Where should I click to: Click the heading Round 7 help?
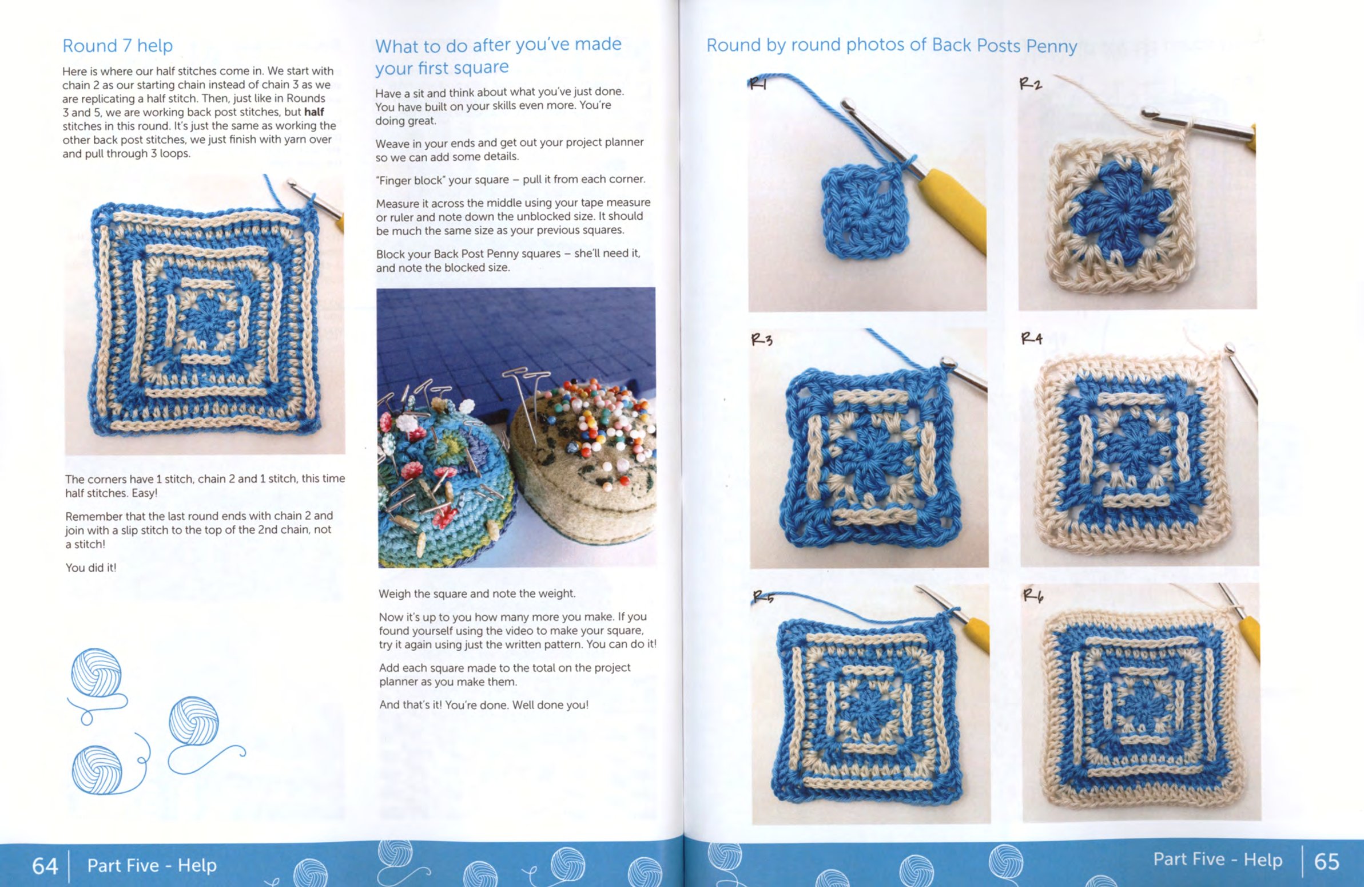pos(117,45)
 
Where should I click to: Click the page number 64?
pos(45,865)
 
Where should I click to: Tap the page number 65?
pos(1326,861)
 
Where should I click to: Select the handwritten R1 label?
pos(758,85)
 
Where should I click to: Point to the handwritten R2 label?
pos(1031,84)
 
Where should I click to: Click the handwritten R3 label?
pos(762,339)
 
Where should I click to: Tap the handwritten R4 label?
pos(1032,338)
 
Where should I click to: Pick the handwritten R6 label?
pos(1033,596)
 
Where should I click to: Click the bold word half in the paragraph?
pos(314,112)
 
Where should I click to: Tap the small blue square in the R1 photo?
pos(865,213)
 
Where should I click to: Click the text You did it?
pos(90,568)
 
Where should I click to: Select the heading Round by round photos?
pos(891,45)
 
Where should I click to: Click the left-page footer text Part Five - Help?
pos(152,865)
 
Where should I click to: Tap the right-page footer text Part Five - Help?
pos(1218,860)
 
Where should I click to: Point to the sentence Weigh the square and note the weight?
pos(477,594)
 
